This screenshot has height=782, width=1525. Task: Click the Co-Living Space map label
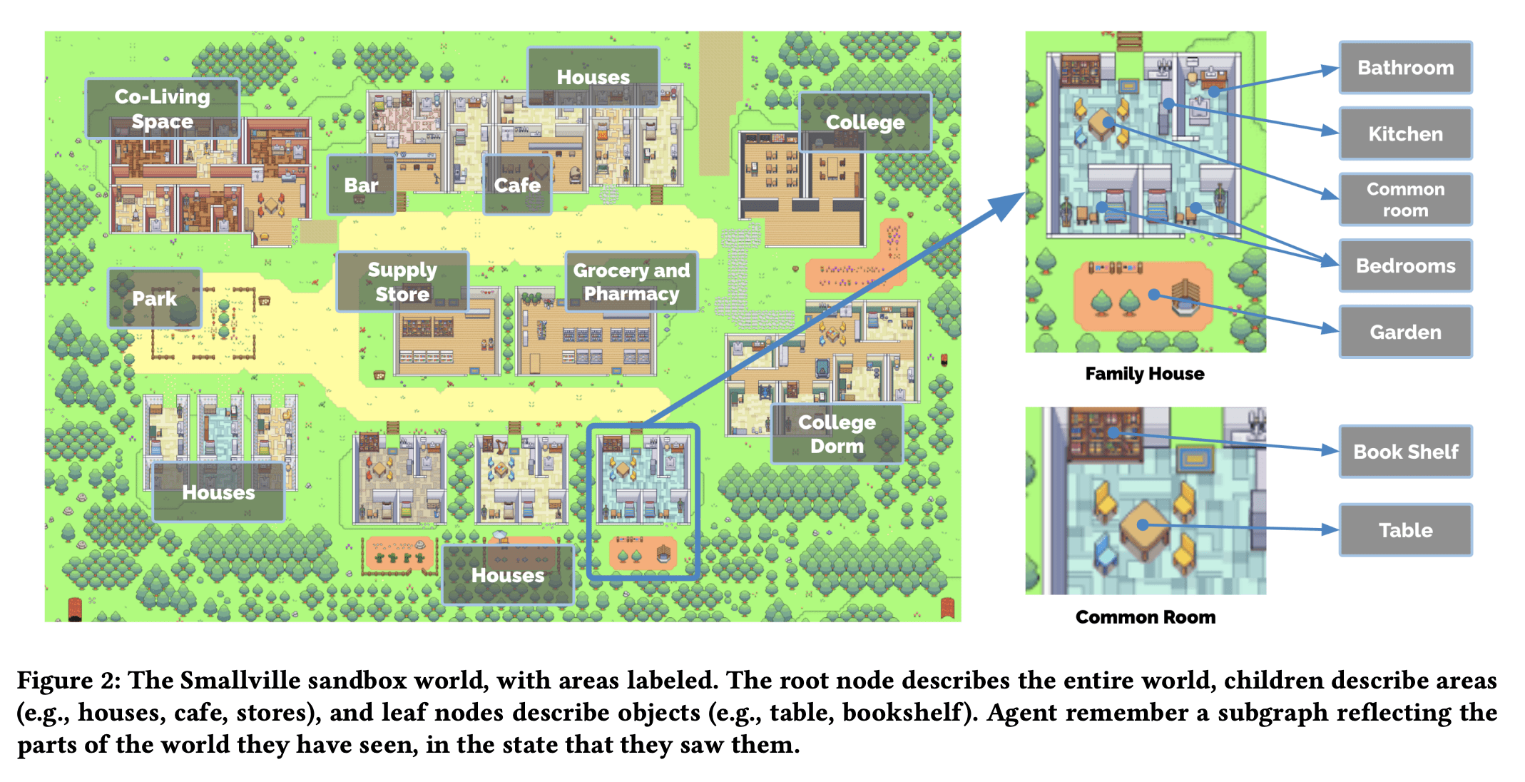163,108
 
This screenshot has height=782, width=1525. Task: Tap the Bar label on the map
361,185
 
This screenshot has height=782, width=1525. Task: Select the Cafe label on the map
517,185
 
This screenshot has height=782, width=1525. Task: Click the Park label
154,298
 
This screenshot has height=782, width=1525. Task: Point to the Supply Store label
402,282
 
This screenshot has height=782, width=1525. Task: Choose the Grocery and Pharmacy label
631,282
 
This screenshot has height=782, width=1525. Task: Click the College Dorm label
837,434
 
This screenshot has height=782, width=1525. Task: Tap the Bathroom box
1405,68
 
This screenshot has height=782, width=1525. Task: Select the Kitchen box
1405,134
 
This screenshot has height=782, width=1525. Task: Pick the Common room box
1405,200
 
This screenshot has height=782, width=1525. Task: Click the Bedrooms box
1405,266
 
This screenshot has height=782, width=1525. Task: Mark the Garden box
1405,332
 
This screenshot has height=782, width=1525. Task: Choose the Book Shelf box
1405,452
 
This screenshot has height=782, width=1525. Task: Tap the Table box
1405,530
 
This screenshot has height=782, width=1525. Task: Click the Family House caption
1144,374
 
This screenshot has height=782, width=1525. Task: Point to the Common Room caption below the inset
1145,617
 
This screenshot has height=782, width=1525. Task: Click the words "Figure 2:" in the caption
68,680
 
